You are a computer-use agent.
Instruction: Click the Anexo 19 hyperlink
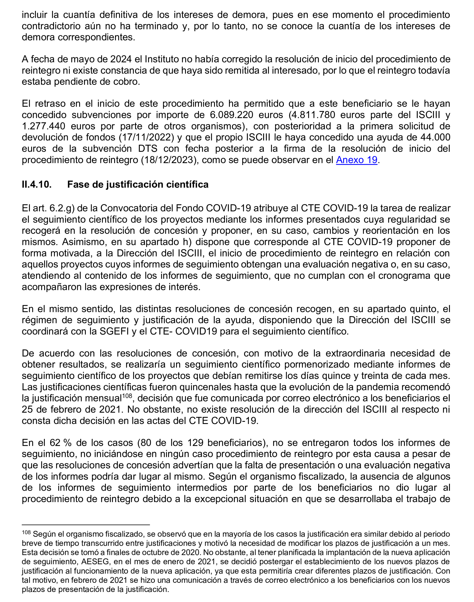(x=356, y=160)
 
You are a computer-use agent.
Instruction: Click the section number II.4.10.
(x=37, y=184)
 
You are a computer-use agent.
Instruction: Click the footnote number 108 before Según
(x=26, y=532)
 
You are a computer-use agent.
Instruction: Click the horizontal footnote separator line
(x=86, y=525)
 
